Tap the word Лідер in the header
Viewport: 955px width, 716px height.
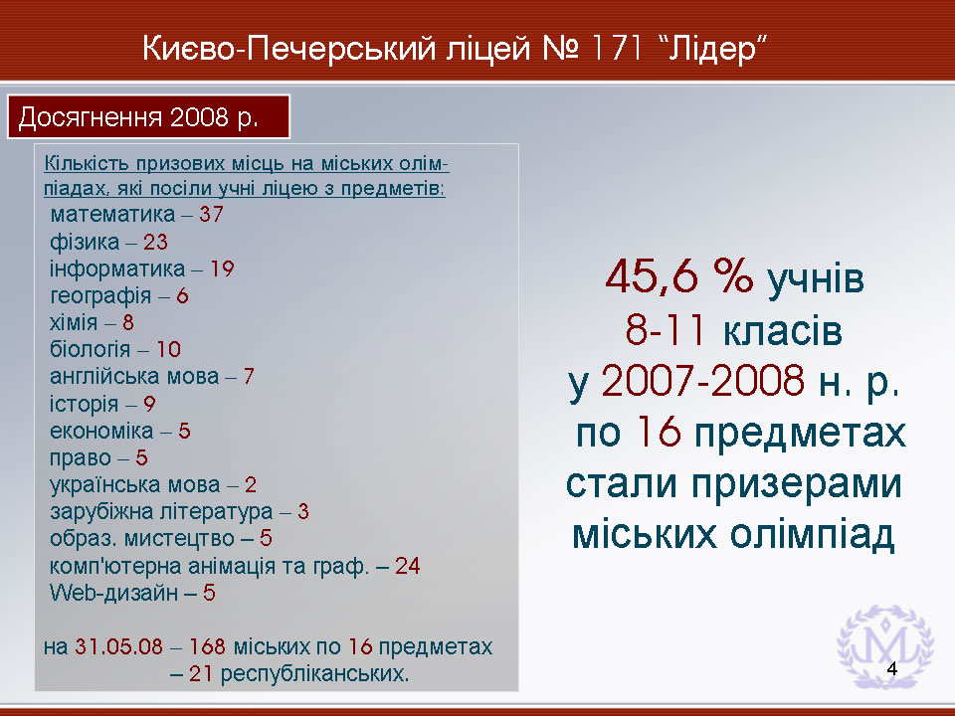[x=712, y=48]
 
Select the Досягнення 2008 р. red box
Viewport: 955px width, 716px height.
[x=148, y=116]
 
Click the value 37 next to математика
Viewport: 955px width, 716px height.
[x=211, y=215]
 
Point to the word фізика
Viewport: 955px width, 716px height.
[x=85, y=243]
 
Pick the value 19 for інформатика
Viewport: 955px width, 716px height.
[x=222, y=268]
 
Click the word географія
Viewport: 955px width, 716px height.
[x=100, y=296]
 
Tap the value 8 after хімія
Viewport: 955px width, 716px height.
[x=128, y=322]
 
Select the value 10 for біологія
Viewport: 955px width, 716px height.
[x=169, y=349]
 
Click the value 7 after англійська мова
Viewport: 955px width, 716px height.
[x=249, y=376]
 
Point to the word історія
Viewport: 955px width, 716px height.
[x=84, y=405]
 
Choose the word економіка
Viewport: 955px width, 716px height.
[x=101, y=431]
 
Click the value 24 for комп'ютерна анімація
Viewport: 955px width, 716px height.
[x=408, y=566]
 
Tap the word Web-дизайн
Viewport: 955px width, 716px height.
[x=113, y=593]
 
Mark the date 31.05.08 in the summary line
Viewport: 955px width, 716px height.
[x=118, y=646]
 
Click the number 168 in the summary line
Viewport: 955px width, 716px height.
[x=207, y=646]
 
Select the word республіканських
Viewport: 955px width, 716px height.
[x=314, y=674]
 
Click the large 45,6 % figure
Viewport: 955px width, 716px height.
[x=679, y=277]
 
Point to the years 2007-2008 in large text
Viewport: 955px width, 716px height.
[x=703, y=381]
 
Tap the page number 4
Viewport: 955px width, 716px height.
[x=892, y=668]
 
